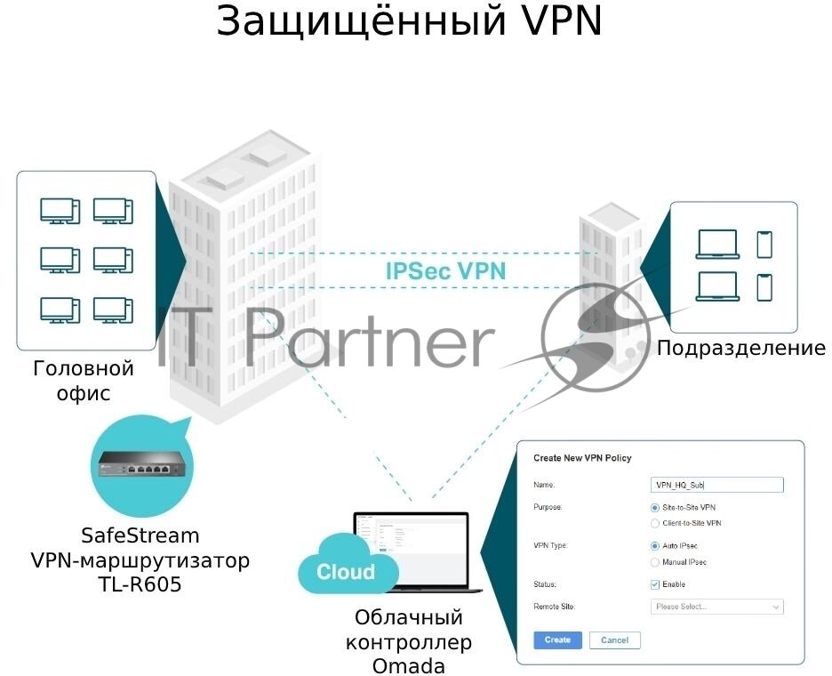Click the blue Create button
pyautogui.click(x=556, y=640)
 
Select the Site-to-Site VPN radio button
pyautogui.click(x=655, y=507)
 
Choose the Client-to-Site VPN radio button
pyautogui.click(x=655, y=523)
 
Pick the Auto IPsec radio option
pyautogui.click(x=655, y=545)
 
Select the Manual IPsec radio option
pyautogui.click(x=655, y=562)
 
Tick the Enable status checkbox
pyautogui.click(x=655, y=584)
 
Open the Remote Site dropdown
pyautogui.click(x=716, y=607)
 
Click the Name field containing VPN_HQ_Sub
pyautogui.click(x=716, y=485)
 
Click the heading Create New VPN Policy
pyautogui.click(x=582, y=458)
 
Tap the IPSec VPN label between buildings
pyautogui.click(x=445, y=271)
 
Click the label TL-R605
pyautogui.click(x=140, y=584)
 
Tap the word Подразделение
pyautogui.click(x=740, y=348)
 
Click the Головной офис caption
pyautogui.click(x=83, y=380)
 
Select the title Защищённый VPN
pyautogui.click(x=410, y=22)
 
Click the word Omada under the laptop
pyautogui.click(x=409, y=665)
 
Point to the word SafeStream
pyautogui.click(x=140, y=536)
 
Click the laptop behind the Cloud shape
pyautogui.click(x=418, y=547)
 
